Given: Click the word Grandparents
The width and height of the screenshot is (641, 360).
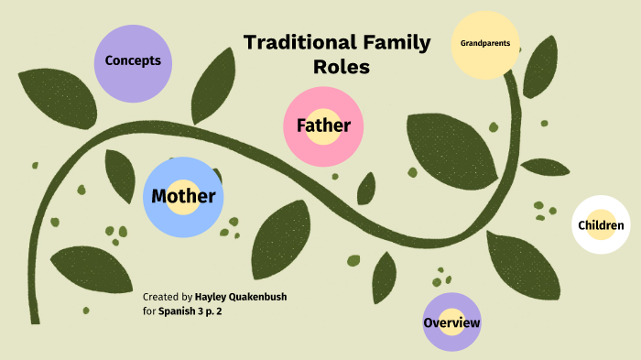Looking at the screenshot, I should pos(486,43).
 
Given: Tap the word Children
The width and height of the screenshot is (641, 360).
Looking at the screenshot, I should pos(601,225).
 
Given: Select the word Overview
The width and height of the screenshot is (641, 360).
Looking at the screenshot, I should pos(451,323).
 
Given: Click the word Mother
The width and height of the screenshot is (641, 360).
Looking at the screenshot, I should pos(183,196).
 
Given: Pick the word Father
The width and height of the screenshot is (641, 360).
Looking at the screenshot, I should pos(323,125).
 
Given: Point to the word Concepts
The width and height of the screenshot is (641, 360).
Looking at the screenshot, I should pos(134,60).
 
